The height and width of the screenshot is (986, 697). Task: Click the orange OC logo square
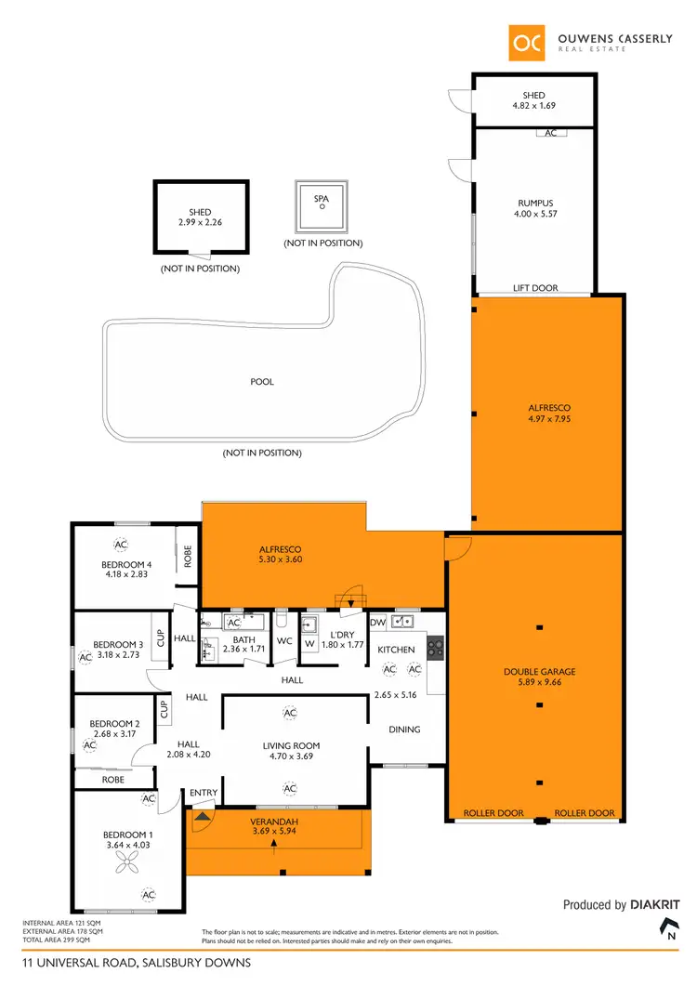[x=528, y=42]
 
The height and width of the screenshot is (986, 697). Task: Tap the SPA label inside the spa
[x=322, y=198]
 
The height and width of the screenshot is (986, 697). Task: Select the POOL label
[x=262, y=382]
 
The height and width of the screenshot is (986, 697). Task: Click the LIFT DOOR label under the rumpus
[x=535, y=288]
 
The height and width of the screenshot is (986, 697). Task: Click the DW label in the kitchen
[x=378, y=622]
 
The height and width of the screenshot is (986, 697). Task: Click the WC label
[x=285, y=641]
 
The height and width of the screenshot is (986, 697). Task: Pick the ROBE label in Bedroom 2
[x=113, y=780]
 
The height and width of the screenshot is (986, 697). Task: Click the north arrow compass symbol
[x=667, y=928]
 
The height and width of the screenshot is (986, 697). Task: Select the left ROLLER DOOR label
[x=493, y=813]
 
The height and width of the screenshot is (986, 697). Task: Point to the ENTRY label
[x=203, y=793]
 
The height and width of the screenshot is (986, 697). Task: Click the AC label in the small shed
[x=550, y=133]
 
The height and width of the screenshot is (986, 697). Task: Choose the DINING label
[x=404, y=730]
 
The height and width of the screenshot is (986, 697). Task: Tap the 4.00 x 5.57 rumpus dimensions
[x=534, y=215]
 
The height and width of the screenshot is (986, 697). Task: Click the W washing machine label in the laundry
[x=309, y=642]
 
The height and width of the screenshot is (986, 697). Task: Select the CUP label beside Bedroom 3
[x=161, y=638]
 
